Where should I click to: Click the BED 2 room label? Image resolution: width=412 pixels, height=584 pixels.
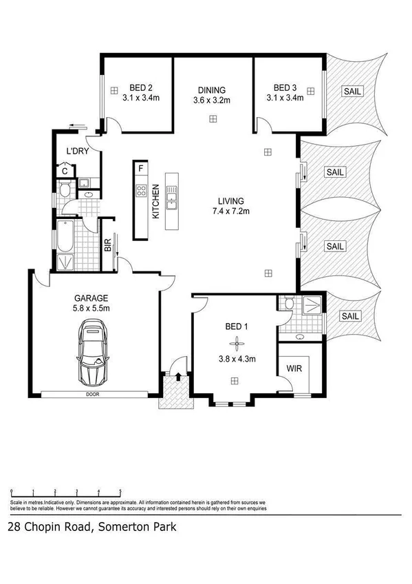point(141,87)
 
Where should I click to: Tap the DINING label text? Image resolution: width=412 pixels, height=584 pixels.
point(211,90)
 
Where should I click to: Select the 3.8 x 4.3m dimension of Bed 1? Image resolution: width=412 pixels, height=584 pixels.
point(237,359)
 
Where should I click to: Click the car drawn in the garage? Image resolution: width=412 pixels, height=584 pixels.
point(92,355)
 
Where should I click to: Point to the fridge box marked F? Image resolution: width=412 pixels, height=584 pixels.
point(141,168)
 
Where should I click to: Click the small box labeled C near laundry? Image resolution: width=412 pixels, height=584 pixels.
point(64,170)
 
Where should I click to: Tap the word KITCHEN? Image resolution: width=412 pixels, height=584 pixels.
point(155,201)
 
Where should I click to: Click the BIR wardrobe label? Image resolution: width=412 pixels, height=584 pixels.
point(108,245)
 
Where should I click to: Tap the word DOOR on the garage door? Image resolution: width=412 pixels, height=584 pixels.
point(92,395)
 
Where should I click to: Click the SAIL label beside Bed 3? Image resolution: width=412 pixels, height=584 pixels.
point(350,90)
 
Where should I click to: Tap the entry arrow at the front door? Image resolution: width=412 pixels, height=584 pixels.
point(178,376)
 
